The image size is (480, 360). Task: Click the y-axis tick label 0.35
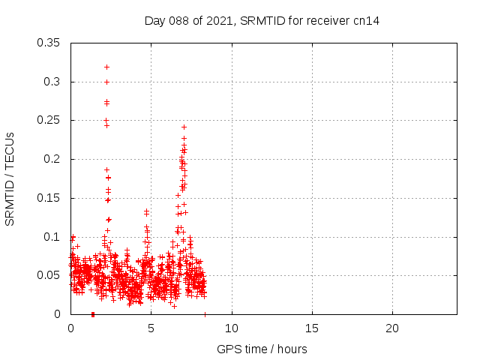pos(49,42)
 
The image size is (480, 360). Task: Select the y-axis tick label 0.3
pos(52,81)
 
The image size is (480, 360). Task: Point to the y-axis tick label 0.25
pos(49,120)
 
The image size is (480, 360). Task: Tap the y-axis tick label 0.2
pos(52,159)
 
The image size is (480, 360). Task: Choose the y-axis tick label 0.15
pos(49,198)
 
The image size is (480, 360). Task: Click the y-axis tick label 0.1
pos(52,237)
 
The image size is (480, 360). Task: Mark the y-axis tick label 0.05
pos(49,275)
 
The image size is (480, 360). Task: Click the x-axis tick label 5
pos(151,328)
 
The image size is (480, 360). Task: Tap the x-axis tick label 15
pos(311,328)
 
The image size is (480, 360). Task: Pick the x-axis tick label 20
pos(391,328)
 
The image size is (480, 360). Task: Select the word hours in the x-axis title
pos(291,349)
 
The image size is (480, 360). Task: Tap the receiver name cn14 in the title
pos(366,20)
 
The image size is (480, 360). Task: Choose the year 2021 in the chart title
pos(218,20)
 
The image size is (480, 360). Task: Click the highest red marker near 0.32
pos(106,67)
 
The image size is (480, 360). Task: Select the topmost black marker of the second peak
pos(184,127)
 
